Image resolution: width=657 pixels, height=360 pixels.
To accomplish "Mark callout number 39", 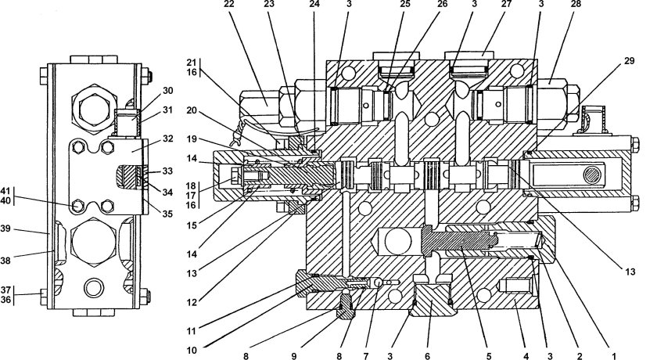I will (x=27, y=230).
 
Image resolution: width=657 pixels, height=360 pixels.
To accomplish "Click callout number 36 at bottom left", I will (x=27, y=300).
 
